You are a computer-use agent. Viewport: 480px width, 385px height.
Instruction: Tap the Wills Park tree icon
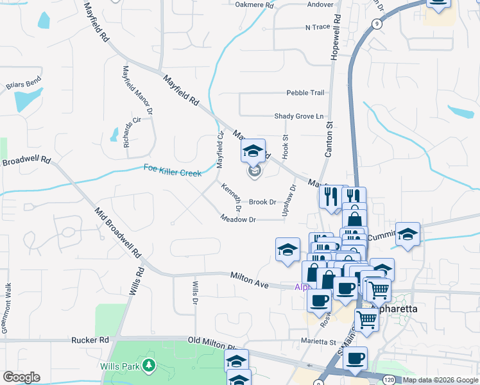coord(150,366)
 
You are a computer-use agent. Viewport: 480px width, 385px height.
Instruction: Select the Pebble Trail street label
coord(305,93)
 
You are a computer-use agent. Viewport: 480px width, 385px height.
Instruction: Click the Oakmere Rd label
coord(255,5)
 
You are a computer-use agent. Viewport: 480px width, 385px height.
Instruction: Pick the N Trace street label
coord(316,27)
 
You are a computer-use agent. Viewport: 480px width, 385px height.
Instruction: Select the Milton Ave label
coord(249,280)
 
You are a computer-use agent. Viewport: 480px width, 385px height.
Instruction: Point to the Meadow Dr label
coord(238,219)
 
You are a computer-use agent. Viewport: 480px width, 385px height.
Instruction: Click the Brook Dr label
coord(262,201)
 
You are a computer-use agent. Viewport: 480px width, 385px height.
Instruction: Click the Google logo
coord(21,377)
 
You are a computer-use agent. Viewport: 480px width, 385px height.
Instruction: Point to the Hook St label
coord(286,147)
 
